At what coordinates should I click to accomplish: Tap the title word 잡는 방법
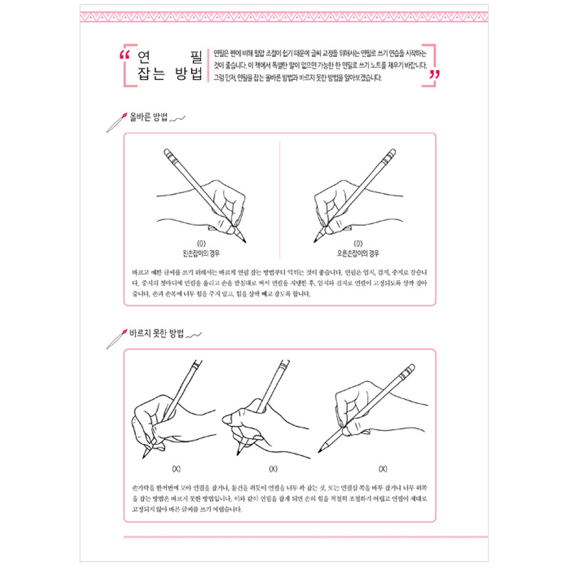pyautogui.click(x=171, y=73)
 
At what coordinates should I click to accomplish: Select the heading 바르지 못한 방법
pyautogui.click(x=156, y=333)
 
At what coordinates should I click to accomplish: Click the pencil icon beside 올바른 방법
pyautogui.click(x=116, y=119)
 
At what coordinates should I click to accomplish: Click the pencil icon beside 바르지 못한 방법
pyautogui.click(x=116, y=337)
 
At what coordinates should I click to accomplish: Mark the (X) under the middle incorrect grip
pyautogui.click(x=272, y=468)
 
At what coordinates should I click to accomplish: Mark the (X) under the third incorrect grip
pyautogui.click(x=383, y=468)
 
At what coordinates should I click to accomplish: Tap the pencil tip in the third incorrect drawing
pyautogui.click(x=319, y=452)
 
